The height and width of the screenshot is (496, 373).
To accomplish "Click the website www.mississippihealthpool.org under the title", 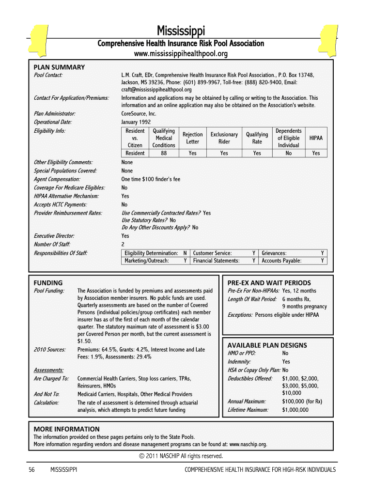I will tap(181, 54).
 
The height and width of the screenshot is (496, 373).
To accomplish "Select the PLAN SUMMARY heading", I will tap(59, 67).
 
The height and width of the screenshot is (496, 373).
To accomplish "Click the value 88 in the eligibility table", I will tap(164, 153).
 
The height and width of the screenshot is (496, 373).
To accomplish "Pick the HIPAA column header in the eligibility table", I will tap(316, 138).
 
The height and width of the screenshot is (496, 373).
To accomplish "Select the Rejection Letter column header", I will tap(192, 138).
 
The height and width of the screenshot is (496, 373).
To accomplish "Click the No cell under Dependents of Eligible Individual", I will tap(289, 153).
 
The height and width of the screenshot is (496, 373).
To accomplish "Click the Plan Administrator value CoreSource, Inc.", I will tap(139, 113).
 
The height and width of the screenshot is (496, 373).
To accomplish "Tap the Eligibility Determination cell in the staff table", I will tap(151, 253).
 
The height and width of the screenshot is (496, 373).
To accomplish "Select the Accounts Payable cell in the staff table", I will tap(281, 261).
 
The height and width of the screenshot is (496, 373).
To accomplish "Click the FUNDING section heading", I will tap(48, 283).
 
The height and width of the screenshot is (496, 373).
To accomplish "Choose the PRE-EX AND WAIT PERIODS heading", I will tap(269, 283).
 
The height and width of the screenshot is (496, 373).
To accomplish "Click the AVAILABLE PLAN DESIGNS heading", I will tap(267, 345).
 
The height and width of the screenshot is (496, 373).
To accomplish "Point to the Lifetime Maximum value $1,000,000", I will tap(295, 410).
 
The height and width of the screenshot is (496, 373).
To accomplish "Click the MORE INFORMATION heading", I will tap(66, 429).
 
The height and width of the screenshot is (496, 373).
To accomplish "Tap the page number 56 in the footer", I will tap(32, 470).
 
